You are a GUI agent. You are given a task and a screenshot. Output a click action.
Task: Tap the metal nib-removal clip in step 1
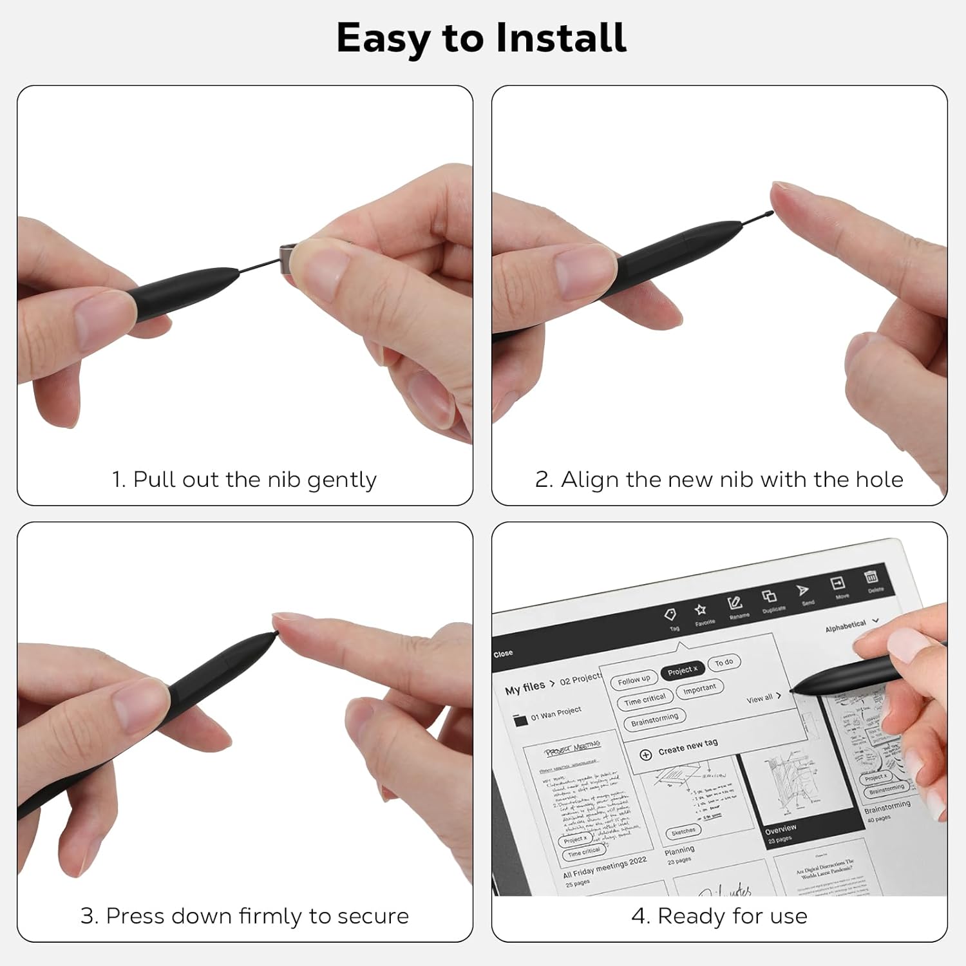point(287,258)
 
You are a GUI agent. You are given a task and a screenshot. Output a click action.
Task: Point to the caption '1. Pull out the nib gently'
point(244,480)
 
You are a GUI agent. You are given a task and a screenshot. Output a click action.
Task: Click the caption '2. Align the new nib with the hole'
point(719,480)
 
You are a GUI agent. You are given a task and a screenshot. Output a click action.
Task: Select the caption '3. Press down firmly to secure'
point(244,916)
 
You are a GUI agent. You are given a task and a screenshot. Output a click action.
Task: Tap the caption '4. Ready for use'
point(719,916)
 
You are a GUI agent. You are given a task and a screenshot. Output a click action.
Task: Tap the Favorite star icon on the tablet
point(700,609)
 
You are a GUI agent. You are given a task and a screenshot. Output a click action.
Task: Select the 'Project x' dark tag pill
point(682,670)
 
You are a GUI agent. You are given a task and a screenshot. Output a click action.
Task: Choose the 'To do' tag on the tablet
point(724,662)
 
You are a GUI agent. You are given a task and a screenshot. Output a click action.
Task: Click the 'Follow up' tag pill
point(634,680)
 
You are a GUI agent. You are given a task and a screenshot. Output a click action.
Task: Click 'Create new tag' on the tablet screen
point(687,746)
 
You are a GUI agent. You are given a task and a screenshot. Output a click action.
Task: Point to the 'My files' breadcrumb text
point(525,688)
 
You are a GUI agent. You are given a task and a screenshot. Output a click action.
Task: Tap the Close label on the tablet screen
point(503,653)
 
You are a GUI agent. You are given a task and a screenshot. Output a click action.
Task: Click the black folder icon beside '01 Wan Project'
point(520,721)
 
